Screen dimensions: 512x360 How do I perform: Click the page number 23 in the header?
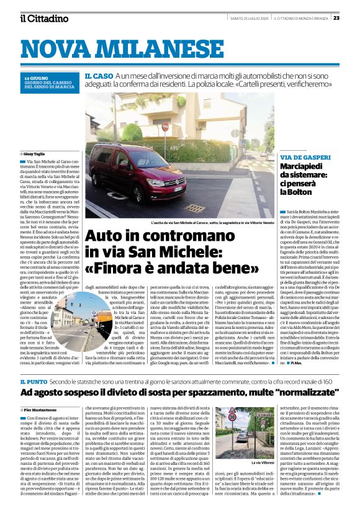[x=353, y=18]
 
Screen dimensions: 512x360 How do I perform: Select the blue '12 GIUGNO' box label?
[x=35, y=77]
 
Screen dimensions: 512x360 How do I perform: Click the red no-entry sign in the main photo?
[x=165, y=127]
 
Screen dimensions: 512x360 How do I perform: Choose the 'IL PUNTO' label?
[x=36, y=364]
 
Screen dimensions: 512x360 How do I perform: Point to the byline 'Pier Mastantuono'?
[x=41, y=392]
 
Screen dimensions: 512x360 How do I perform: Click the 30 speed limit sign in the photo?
[x=233, y=417]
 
